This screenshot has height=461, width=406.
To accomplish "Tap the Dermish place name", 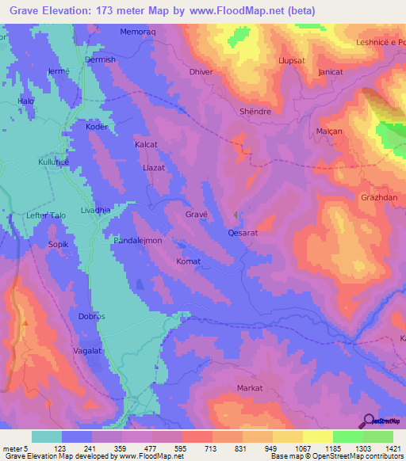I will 101,59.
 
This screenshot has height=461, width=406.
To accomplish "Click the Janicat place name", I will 330,70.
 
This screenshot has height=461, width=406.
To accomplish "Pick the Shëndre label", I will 255,112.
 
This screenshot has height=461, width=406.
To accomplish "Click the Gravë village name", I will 197,215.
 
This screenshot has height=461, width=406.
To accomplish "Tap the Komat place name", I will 188,261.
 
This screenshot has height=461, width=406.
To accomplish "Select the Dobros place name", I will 92,316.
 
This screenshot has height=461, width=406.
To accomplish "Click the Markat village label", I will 250,388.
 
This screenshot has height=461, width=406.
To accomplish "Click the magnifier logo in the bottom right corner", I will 367,421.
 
